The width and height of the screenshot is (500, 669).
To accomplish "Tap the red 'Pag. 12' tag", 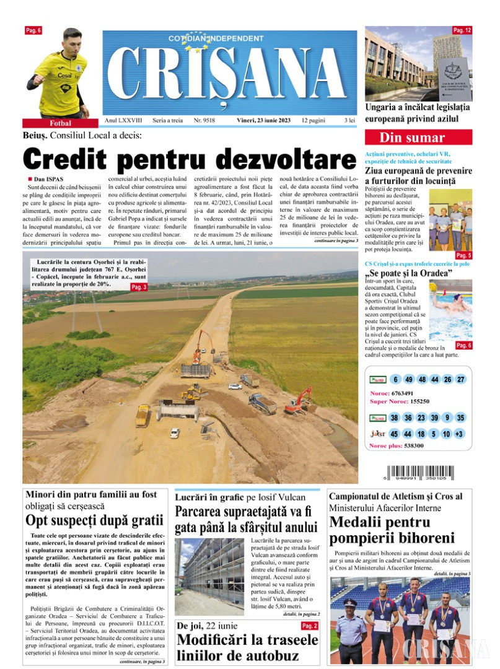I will point(462,30).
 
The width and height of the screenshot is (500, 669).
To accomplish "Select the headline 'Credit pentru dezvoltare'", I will point(190,159).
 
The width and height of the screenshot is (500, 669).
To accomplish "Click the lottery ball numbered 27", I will point(460,380).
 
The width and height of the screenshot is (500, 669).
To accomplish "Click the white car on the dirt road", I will point(175,433).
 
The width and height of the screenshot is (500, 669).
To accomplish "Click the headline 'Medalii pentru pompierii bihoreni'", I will point(392,530).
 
